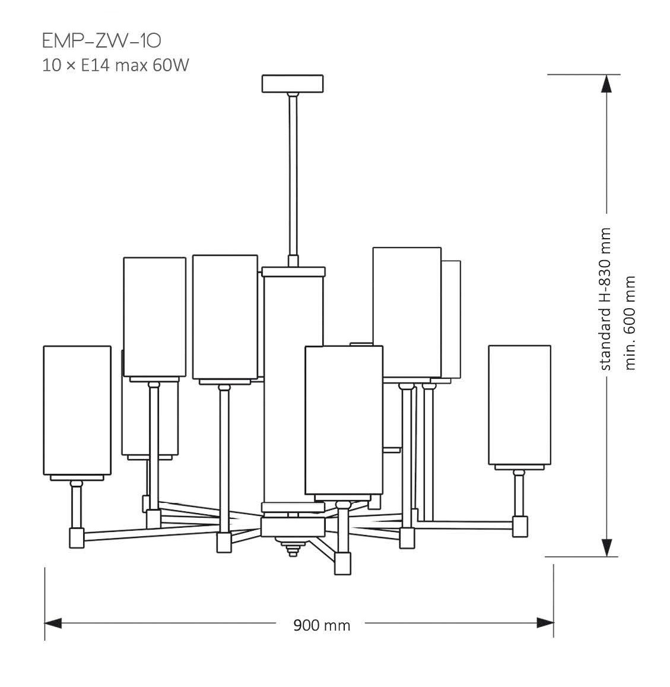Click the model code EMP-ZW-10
(101, 40)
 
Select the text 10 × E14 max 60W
(115, 65)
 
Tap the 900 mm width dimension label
(322, 625)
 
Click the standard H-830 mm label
(605, 299)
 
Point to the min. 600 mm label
(630, 322)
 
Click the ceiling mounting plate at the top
(293, 83)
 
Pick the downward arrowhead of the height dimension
(606, 546)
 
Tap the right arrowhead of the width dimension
(545, 623)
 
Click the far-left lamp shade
(77, 410)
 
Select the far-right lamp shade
(519, 404)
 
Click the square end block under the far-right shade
(520, 525)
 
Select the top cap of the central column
(294, 272)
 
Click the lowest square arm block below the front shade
(343, 563)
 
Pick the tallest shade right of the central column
(407, 312)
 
